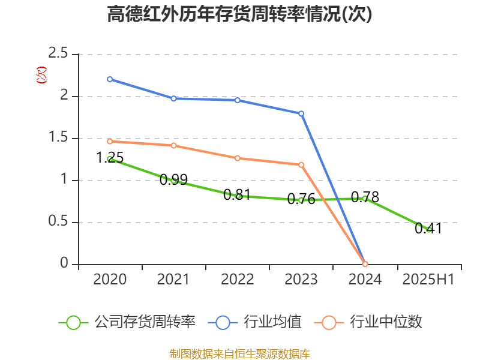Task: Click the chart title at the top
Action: click(239, 14)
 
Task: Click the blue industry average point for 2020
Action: click(110, 79)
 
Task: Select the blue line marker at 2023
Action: click(301, 113)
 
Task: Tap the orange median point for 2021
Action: click(173, 145)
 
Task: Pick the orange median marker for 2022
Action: click(238, 158)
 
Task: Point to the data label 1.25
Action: click(110, 158)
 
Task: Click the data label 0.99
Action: click(173, 179)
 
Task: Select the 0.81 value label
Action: click(237, 195)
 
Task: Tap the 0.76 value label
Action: click(301, 199)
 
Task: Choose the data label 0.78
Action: click(365, 197)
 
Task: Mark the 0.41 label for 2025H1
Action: click(428, 228)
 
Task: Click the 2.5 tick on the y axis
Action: click(58, 55)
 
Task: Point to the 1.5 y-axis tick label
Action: click(58, 139)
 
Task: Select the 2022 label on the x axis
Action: click(237, 280)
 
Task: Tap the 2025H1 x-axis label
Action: click(428, 280)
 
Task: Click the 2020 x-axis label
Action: click(110, 280)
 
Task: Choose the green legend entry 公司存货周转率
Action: click(127, 322)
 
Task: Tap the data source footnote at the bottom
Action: click(239, 353)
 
